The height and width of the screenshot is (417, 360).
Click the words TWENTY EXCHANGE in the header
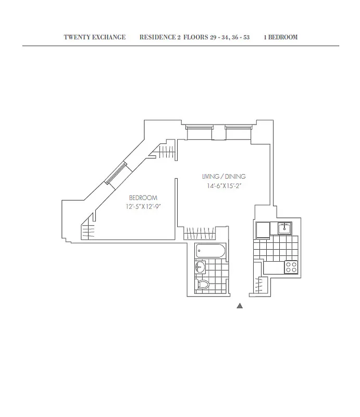[x=94, y=38]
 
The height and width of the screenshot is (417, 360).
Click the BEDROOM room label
[x=143, y=198]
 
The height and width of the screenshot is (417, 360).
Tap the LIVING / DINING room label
[x=225, y=177]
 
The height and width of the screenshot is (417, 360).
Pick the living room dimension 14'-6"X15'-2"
[x=225, y=186]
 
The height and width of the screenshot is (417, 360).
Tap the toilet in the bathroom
[x=203, y=285]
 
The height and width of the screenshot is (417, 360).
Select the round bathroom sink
[x=200, y=268]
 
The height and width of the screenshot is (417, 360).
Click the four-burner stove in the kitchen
[x=290, y=267]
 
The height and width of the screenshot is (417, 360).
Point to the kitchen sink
[x=284, y=228]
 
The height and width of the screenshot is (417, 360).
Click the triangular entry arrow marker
[x=240, y=306]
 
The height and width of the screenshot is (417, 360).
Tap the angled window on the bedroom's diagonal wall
[x=116, y=174]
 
